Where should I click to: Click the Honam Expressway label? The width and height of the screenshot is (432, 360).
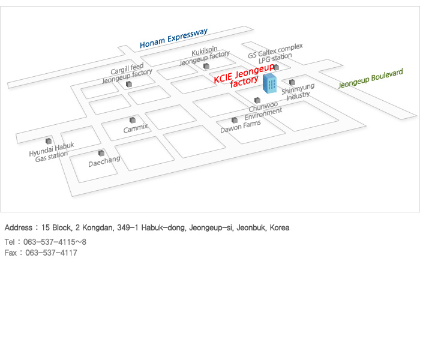pos(173,38)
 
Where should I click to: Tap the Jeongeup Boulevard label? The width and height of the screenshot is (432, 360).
pos(370,79)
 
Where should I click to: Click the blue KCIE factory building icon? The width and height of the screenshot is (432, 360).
pos(270,85)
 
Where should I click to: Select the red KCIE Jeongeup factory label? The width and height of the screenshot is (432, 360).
pos(244,75)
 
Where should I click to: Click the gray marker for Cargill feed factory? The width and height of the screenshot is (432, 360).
pos(129,85)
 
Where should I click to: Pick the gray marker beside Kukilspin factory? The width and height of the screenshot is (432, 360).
pos(206,66)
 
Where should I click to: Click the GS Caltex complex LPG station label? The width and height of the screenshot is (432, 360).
pos(275,52)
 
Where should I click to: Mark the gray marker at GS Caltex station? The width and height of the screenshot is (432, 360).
pos(276,67)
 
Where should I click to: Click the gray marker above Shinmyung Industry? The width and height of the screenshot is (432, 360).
pos(292,82)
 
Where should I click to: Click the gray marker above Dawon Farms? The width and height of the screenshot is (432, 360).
pos(234,120)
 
